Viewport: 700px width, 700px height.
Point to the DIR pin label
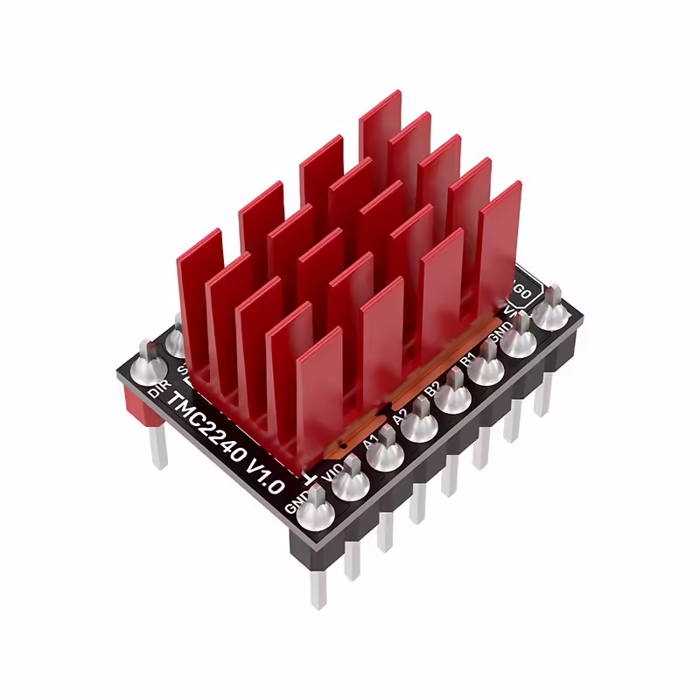[x=157, y=387]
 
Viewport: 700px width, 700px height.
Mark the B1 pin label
[x=467, y=360]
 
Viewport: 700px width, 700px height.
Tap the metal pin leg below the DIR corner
[x=158, y=447]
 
